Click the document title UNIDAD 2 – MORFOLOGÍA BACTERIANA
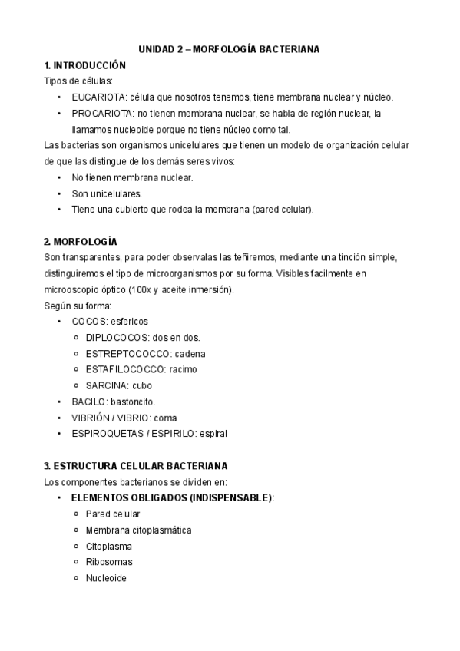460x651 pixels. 229,49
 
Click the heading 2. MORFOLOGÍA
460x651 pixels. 80,241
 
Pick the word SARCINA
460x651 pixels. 106,385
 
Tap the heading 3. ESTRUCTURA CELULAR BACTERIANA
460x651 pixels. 135,466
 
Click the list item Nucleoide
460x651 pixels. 106,578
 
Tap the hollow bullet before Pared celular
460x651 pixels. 76,514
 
